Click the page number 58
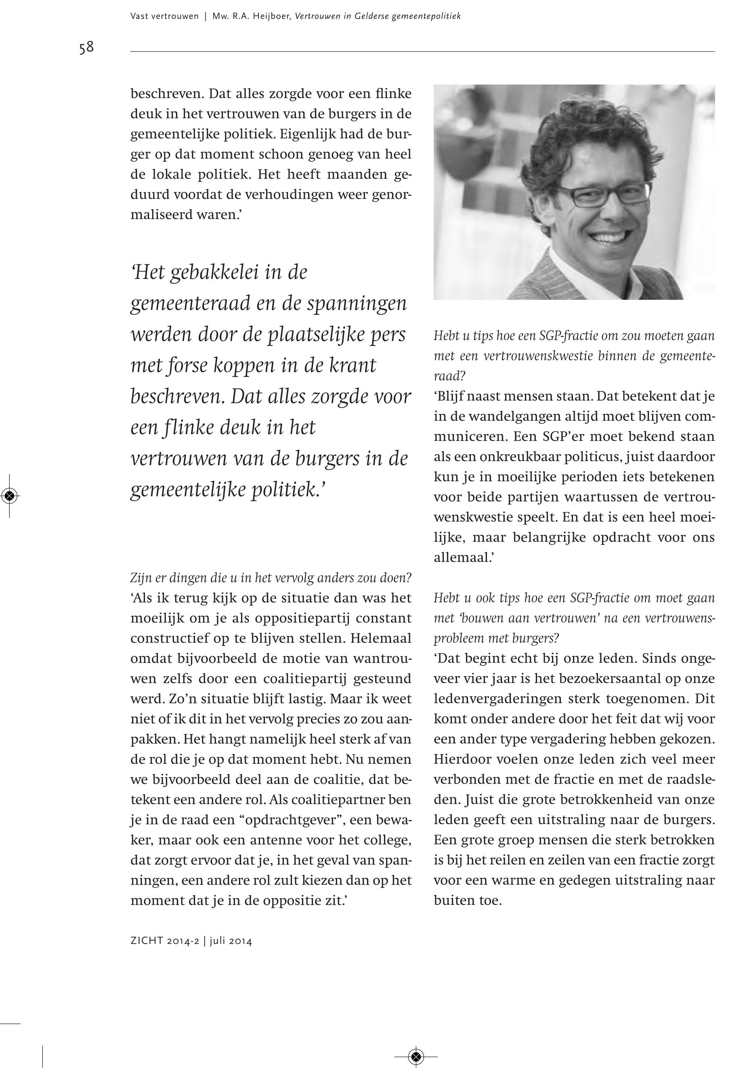pos(86,48)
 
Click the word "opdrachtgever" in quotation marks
pos(296,820)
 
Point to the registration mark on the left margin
pos(10,496)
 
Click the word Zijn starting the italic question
pos(140,578)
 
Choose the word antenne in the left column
pos(276,840)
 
